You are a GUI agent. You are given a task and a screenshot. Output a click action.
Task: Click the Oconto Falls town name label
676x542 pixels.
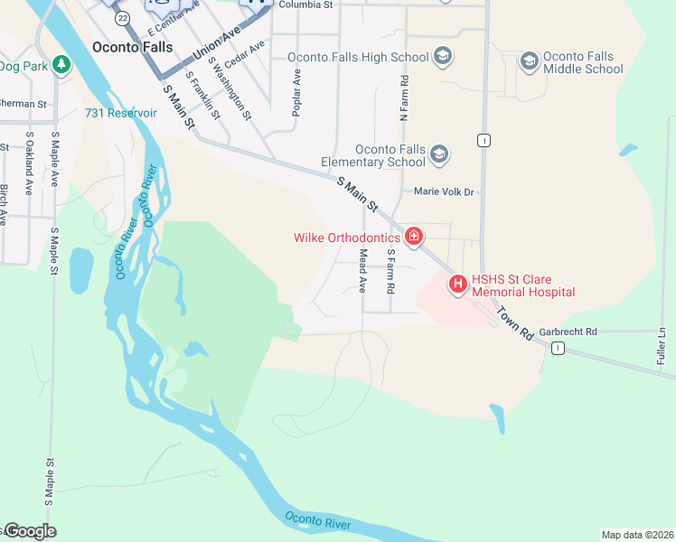point(132,47)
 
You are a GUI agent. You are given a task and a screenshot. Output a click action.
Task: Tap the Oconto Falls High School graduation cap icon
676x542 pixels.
point(443,57)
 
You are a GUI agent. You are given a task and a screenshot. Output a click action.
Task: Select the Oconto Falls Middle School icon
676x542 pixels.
point(529,62)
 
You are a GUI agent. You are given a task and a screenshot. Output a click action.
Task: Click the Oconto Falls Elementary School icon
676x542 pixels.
point(439,154)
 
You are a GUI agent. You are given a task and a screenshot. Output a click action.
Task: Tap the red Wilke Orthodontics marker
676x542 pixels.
point(414,237)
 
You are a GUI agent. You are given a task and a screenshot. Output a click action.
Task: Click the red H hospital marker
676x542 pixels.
point(457,285)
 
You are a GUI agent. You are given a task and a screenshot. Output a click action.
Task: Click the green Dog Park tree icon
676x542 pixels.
point(61,65)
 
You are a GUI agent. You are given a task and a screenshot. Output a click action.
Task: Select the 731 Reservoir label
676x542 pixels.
point(121,113)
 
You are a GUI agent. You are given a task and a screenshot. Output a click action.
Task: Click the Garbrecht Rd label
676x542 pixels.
point(568,332)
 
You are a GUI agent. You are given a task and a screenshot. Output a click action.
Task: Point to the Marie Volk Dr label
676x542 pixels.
point(444,192)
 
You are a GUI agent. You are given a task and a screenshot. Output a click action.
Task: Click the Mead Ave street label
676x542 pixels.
point(363,271)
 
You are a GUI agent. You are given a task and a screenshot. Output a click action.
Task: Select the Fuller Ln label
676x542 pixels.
point(662,345)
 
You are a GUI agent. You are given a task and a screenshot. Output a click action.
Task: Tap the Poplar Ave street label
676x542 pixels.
point(296,89)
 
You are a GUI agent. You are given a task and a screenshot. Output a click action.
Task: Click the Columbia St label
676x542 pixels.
point(305,5)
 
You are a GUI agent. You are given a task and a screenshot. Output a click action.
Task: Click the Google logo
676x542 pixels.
point(30,531)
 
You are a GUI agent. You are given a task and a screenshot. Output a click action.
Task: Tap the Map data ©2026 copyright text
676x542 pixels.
point(637,535)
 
